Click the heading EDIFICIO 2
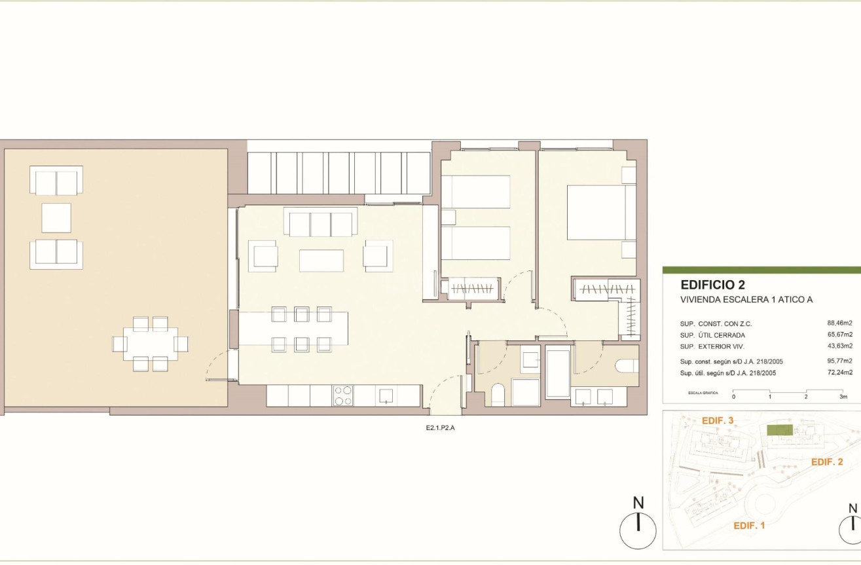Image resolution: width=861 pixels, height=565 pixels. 712,285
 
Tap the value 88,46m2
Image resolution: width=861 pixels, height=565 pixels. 840,323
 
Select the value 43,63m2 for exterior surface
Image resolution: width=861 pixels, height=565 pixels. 840,346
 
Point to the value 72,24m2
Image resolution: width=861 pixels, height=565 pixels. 840,373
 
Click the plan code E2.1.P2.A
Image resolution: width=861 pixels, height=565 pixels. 440,428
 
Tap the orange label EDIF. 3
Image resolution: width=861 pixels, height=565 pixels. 718,420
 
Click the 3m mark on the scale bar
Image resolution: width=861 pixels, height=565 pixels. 843,397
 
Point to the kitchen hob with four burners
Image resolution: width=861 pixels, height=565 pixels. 343,396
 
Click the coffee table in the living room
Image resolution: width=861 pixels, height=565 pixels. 321,261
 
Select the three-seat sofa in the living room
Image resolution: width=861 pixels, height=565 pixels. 321,222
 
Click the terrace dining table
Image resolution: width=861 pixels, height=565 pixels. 151,344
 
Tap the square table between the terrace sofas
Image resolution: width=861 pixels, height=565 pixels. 56,218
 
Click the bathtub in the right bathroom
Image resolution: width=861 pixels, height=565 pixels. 558,371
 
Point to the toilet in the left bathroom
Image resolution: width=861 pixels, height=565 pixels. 498,395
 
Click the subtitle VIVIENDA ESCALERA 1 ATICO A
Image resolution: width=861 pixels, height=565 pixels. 746,300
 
